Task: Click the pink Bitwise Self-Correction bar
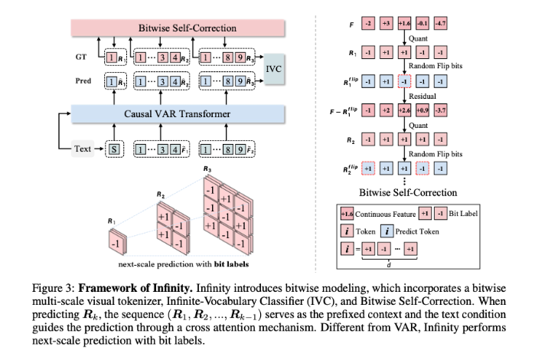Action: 188,28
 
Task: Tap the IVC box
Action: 274,69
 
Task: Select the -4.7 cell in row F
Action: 440,25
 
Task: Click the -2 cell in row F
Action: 368,25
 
